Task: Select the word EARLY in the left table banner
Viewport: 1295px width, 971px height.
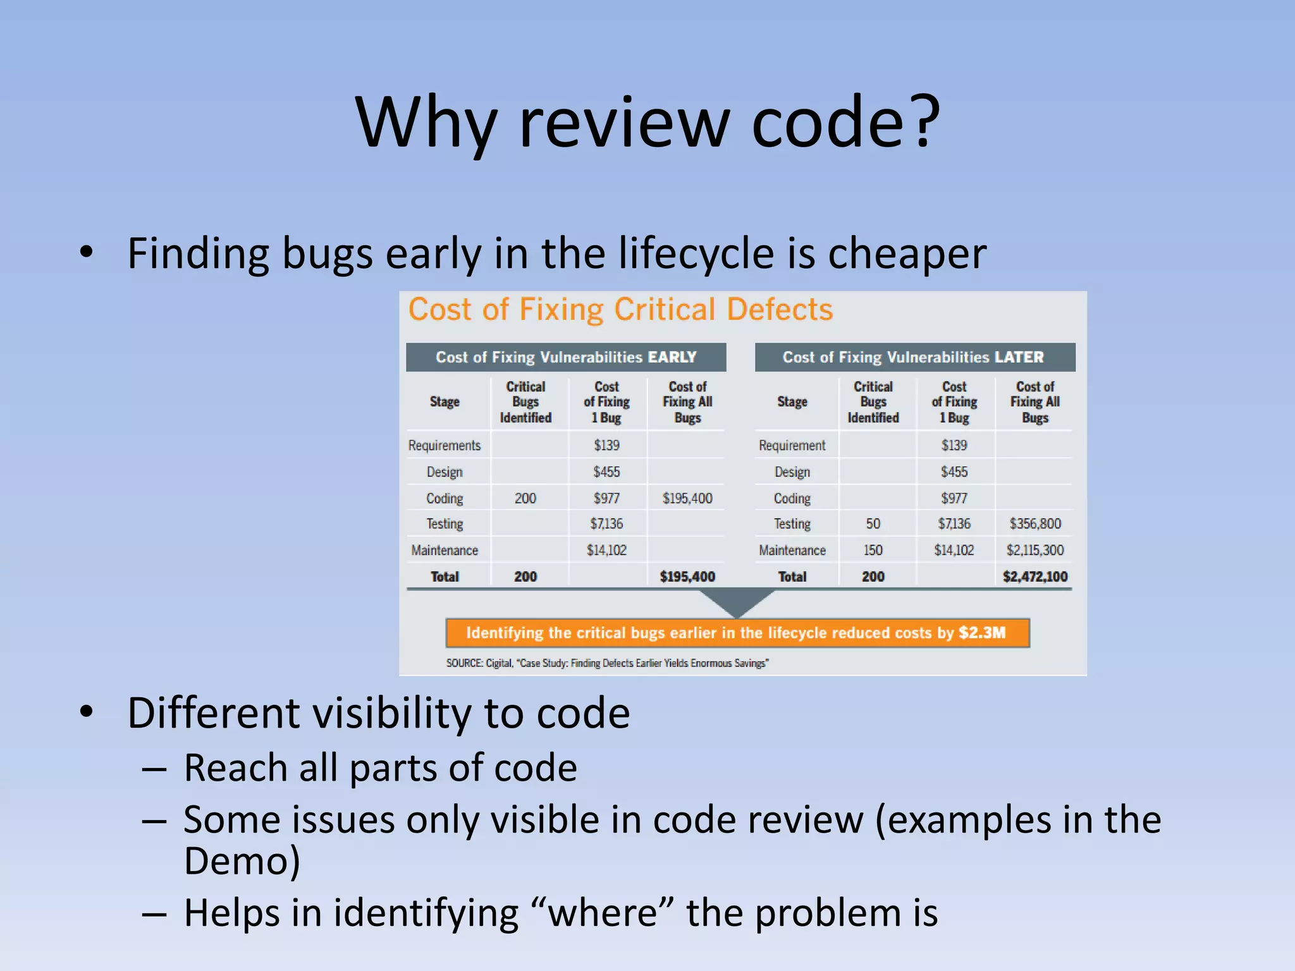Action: [x=672, y=357]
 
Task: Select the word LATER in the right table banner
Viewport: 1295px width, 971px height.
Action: [x=1019, y=357]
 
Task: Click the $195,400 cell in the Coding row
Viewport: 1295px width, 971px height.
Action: [x=687, y=498]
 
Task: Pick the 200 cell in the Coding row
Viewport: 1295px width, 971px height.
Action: [x=525, y=498]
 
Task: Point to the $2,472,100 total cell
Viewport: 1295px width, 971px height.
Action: [x=1034, y=577]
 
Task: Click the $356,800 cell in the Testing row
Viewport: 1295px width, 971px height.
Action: [x=1034, y=523]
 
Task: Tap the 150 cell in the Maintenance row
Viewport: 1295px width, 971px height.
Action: [x=873, y=550]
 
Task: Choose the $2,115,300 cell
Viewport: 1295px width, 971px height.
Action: [x=1034, y=550]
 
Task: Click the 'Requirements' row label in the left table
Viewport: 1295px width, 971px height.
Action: [x=445, y=446]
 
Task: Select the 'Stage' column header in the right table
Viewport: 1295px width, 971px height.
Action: [x=792, y=402]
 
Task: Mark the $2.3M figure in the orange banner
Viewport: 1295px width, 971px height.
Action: [x=981, y=633]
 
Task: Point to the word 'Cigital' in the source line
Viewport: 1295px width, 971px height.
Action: [x=499, y=663]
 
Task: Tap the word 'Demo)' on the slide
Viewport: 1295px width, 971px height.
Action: [x=242, y=861]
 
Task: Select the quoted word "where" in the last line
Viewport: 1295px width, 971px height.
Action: [x=602, y=913]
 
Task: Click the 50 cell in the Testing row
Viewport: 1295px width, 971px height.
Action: [x=873, y=523]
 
